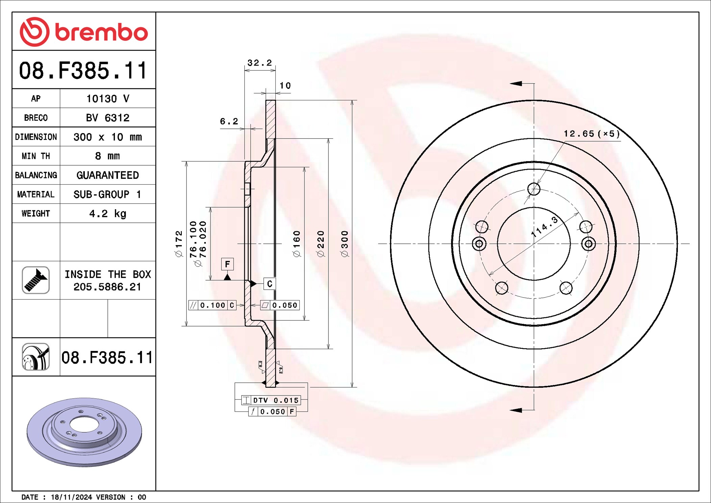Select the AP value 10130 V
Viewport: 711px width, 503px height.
pos(108,99)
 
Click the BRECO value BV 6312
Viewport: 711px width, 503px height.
pos(108,118)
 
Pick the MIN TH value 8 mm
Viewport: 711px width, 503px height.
pos(107,156)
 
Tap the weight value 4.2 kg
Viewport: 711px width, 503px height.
pos(108,214)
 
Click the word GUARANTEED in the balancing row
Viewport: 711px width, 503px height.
pos(108,175)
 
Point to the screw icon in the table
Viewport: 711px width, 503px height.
pos(36,280)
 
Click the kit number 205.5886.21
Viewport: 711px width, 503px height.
pos(107,287)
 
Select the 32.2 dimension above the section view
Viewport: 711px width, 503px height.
pos(260,63)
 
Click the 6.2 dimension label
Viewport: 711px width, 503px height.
pos(229,121)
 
